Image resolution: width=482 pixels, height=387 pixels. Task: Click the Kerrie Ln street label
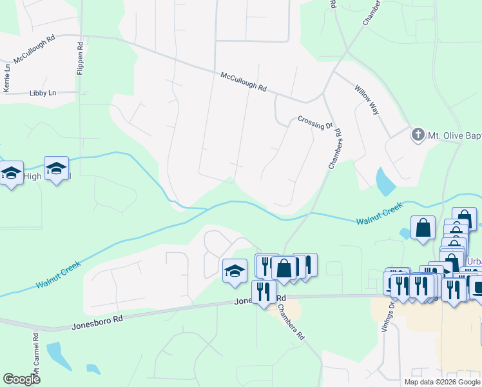point(7,77)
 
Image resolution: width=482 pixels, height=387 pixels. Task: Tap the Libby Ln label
point(43,93)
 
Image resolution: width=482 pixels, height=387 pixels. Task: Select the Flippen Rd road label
point(80,59)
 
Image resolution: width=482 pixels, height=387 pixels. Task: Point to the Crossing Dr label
point(315,121)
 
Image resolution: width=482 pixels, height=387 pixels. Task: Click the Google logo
point(21,379)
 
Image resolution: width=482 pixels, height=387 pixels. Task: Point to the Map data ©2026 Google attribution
point(441,382)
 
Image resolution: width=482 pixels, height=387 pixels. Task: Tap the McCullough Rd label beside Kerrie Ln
point(34,48)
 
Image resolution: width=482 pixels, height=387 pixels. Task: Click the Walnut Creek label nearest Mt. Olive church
point(379,213)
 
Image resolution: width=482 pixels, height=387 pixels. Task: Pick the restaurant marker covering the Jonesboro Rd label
point(264,293)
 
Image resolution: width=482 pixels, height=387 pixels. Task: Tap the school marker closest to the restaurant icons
point(235,271)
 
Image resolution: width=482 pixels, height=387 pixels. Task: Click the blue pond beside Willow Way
point(385,182)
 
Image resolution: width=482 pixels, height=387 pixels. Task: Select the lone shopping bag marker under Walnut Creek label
point(423,228)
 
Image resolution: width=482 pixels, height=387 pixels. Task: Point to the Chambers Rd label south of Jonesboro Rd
point(291,322)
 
